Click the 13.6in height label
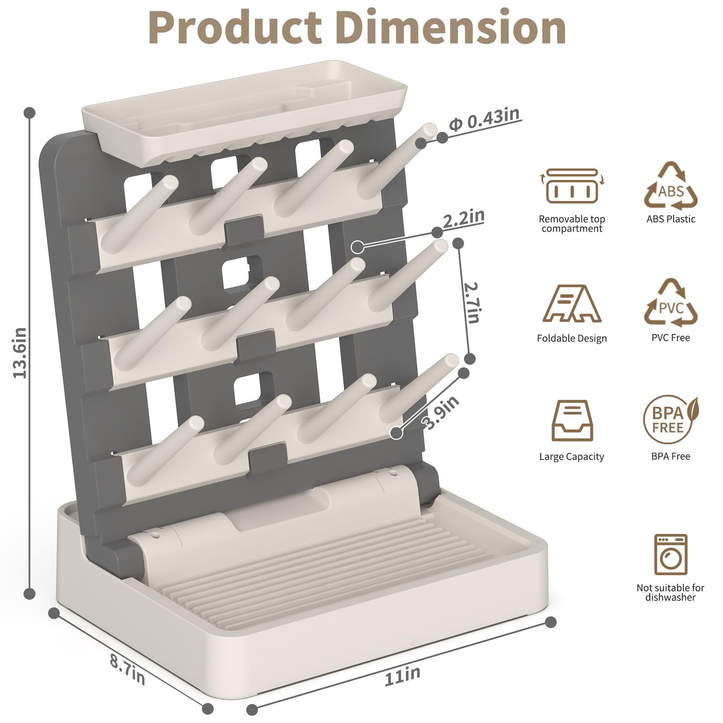coord(20,352)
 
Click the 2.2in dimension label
coord(463,219)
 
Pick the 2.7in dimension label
coord(472,303)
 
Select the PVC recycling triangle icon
coord(671,304)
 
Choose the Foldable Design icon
coord(572,303)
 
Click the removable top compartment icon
coord(572,186)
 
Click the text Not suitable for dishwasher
coord(671,592)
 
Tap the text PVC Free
coord(671,338)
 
